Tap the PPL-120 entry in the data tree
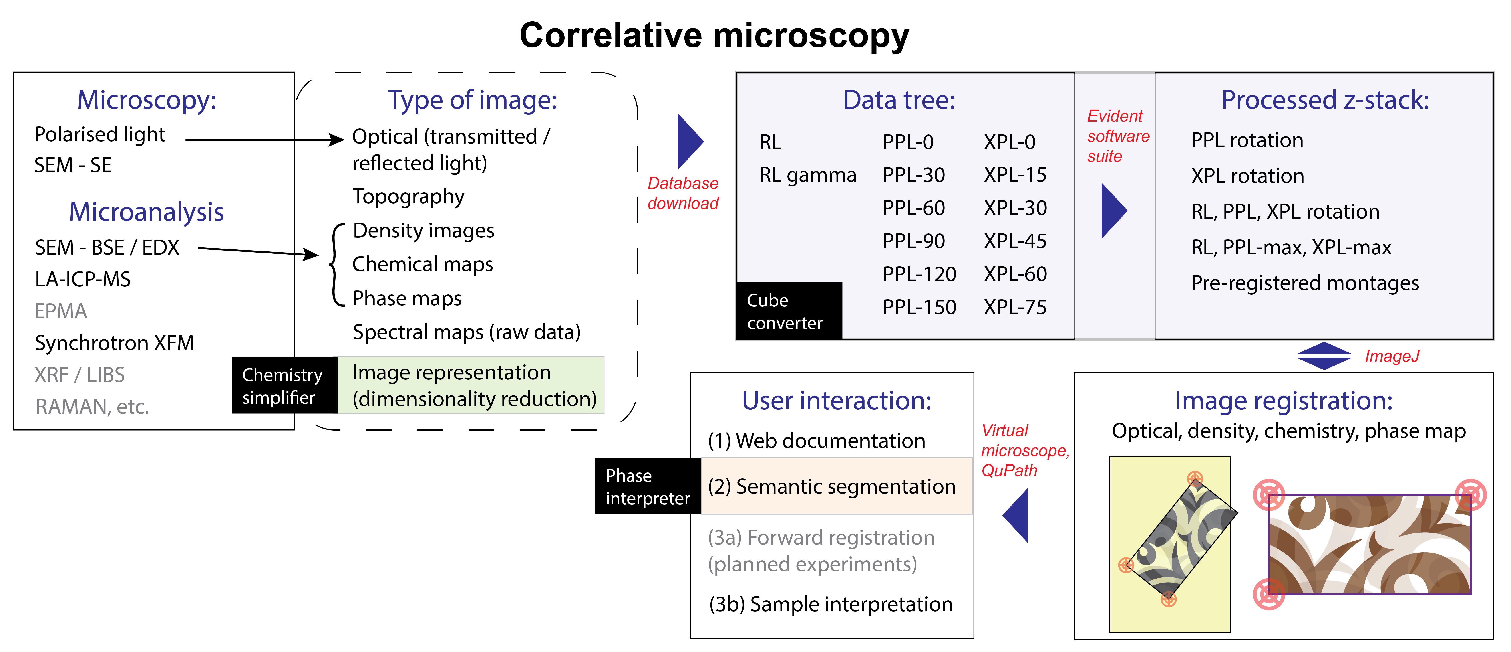coord(919,274)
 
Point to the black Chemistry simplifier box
coord(284,386)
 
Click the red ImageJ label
coord(1392,356)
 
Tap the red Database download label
coord(683,193)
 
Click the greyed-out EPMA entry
coord(60,311)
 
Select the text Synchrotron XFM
coord(114,343)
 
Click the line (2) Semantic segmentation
coord(832,486)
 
